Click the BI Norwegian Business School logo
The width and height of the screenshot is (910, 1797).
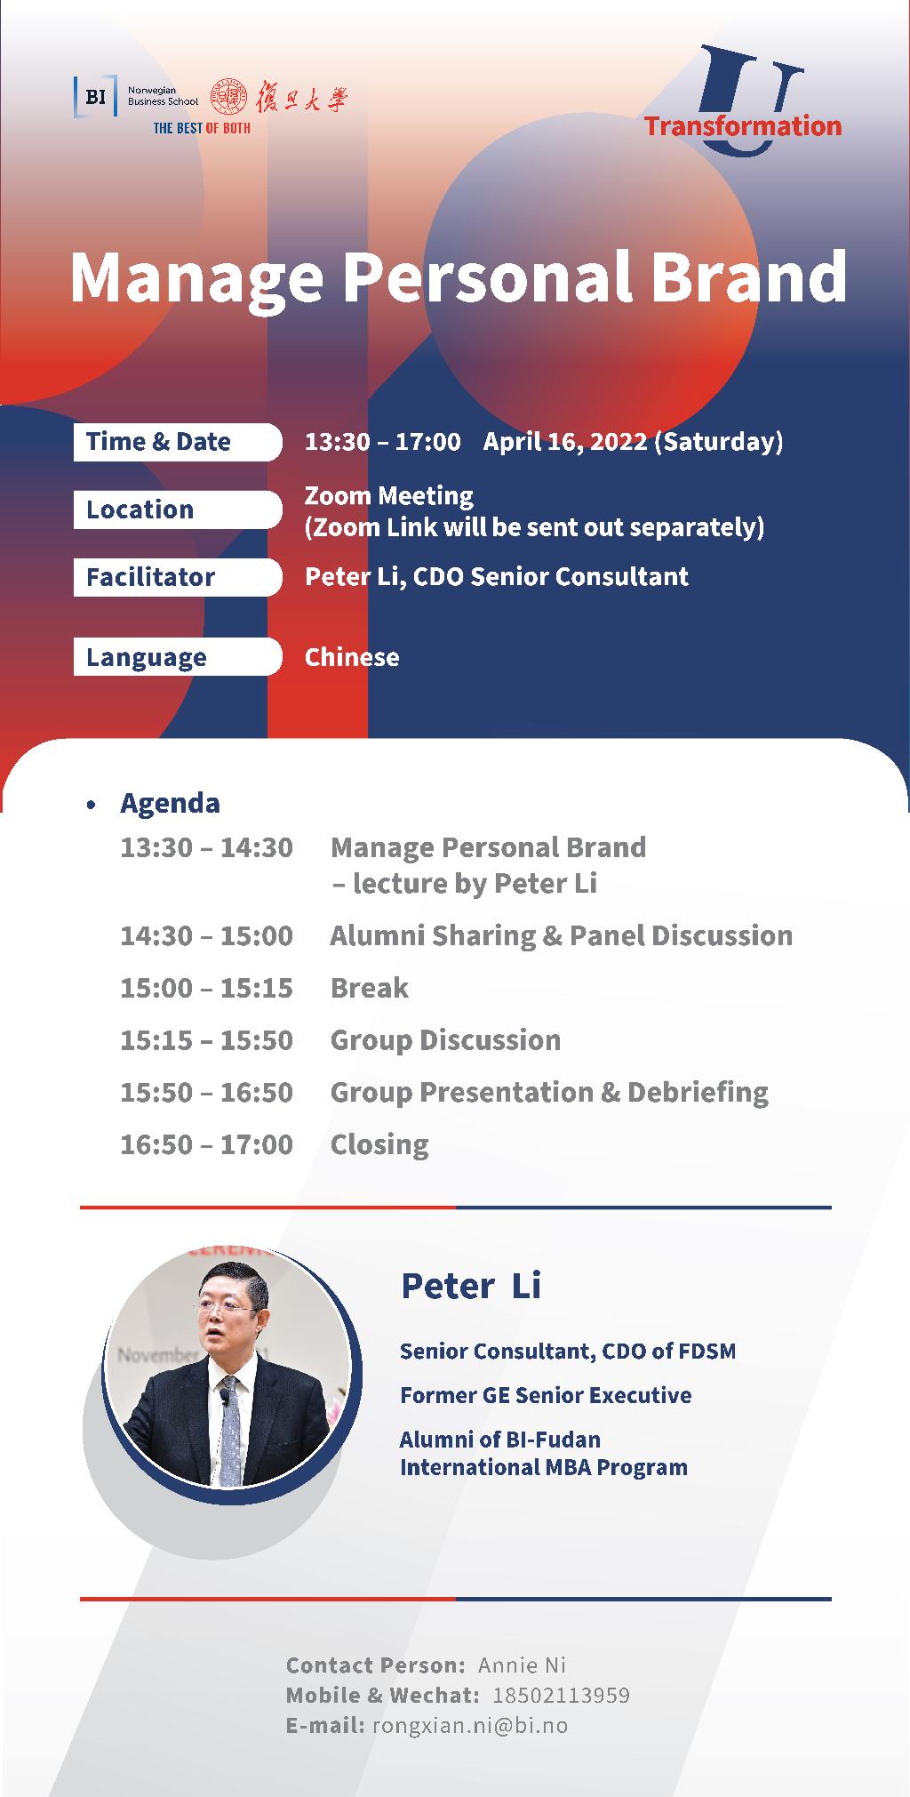[x=137, y=97]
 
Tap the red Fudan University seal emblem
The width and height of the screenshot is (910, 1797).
[x=228, y=97]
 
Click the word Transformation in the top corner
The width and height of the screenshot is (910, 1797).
[x=743, y=125]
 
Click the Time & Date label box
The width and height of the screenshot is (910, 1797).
[x=178, y=442]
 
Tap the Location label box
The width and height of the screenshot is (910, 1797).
[x=178, y=509]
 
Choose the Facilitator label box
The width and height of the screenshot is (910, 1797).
[x=178, y=577]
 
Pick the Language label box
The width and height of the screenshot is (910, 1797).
[x=178, y=657]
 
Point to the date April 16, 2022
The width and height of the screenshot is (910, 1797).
[x=565, y=442]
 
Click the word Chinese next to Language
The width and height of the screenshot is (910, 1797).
[x=352, y=657]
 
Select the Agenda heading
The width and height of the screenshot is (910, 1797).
[x=170, y=803]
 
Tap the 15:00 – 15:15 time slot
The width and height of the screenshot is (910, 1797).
[x=206, y=988]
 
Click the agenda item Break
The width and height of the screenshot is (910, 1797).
[x=370, y=988]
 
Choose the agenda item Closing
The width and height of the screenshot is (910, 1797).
[x=379, y=1144]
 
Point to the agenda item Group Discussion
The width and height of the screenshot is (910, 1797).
[x=445, y=1040]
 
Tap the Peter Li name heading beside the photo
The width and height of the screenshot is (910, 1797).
[x=471, y=1286]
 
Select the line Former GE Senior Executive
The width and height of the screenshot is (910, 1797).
[x=546, y=1395]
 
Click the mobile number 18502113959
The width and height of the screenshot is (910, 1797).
[x=561, y=1696]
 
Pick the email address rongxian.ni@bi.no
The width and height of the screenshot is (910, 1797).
[x=470, y=1726]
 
